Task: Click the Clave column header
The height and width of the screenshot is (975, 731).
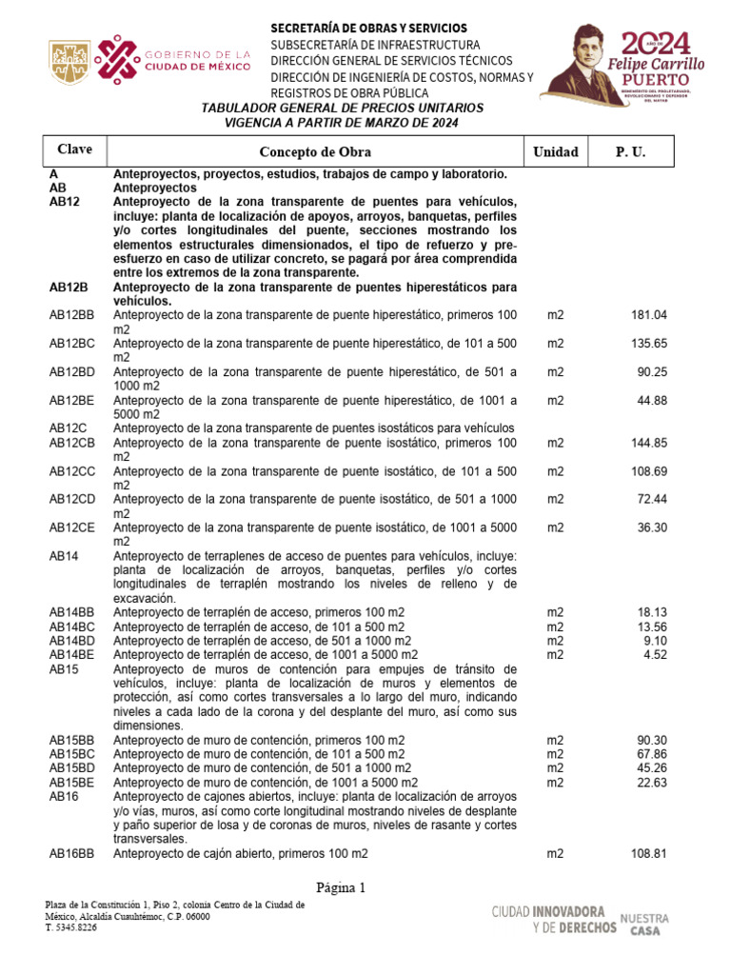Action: pyautogui.click(x=74, y=150)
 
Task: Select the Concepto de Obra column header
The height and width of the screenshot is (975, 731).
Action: pyautogui.click(x=315, y=152)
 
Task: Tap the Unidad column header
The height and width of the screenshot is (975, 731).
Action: pyautogui.click(x=555, y=152)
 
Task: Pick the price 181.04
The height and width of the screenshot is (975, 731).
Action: pyautogui.click(x=649, y=315)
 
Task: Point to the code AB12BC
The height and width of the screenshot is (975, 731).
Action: pyautogui.click(x=72, y=344)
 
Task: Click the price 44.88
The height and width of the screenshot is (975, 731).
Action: pyautogui.click(x=652, y=401)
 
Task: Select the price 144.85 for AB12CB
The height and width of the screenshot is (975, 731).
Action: pyautogui.click(x=649, y=443)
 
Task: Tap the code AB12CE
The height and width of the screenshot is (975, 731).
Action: pyautogui.click(x=72, y=527)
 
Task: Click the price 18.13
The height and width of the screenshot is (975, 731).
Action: pyautogui.click(x=652, y=612)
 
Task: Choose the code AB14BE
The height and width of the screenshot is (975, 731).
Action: pyautogui.click(x=72, y=655)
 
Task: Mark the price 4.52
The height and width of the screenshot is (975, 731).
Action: pyautogui.click(x=655, y=655)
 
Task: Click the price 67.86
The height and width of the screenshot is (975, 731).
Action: pyautogui.click(x=652, y=754)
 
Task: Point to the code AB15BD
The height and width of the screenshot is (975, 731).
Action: pyautogui.click(x=72, y=767)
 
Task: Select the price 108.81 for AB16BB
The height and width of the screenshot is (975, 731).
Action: pyautogui.click(x=649, y=854)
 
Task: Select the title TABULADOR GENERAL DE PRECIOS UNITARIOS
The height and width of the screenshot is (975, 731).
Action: pyautogui.click(x=342, y=109)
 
